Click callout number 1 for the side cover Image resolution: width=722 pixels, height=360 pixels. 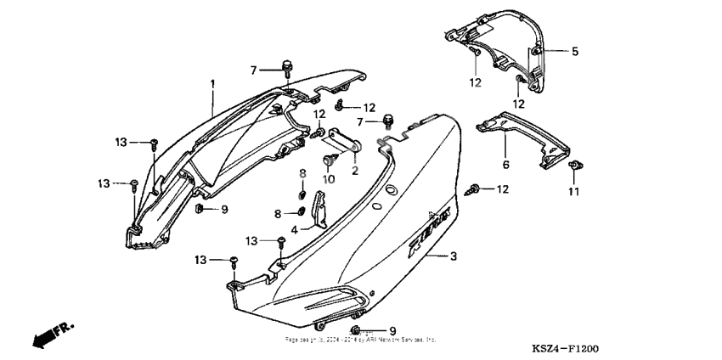(x=213, y=82)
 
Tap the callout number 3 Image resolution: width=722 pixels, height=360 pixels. (x=454, y=256)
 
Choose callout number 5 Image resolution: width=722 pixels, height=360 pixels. (x=575, y=52)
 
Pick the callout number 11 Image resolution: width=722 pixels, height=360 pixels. (x=573, y=193)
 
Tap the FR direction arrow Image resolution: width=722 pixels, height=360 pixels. (x=51, y=335)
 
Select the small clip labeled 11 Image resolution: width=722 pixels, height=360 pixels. (x=574, y=165)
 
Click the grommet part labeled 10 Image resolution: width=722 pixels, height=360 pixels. (x=329, y=159)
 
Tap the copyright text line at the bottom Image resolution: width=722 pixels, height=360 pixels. (x=361, y=339)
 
